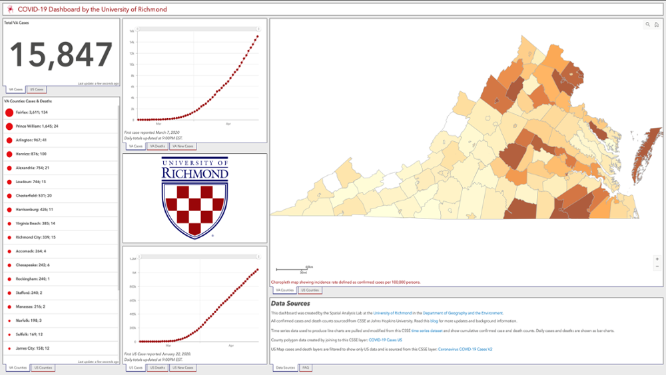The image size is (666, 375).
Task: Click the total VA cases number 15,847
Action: [61, 55]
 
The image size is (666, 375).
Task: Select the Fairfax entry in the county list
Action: [32, 113]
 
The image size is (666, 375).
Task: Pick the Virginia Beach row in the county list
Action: [35, 223]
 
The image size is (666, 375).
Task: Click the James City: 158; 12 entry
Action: [33, 348]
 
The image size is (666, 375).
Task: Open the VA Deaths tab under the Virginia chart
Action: [157, 146]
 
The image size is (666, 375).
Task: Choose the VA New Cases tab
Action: [182, 146]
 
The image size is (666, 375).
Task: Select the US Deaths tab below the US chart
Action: [157, 368]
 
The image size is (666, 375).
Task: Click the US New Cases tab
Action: [182, 368]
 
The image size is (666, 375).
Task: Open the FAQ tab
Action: [306, 368]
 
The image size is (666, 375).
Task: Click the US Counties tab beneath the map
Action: [310, 290]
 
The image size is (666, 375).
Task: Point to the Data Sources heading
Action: [290, 304]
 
